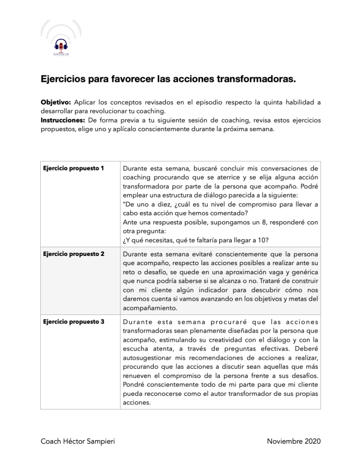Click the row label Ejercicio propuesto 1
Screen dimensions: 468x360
point(74,168)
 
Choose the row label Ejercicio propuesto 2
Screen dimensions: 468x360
point(74,254)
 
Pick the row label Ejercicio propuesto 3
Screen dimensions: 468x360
point(74,322)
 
